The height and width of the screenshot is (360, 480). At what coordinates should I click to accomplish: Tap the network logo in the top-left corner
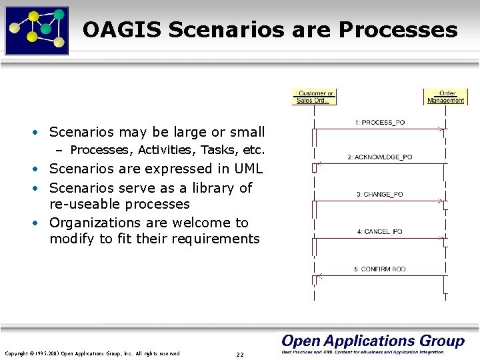37,29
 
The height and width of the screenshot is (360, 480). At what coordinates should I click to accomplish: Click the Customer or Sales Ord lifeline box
315,97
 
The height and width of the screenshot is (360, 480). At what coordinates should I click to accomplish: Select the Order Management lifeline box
445,97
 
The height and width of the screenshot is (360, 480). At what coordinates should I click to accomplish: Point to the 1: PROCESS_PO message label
380,123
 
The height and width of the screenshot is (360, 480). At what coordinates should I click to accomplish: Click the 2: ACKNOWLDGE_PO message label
380,157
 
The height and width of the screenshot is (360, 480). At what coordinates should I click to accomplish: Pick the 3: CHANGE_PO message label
380,195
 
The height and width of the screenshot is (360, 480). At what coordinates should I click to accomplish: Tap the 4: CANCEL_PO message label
380,232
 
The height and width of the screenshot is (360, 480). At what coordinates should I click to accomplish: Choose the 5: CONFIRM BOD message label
380,269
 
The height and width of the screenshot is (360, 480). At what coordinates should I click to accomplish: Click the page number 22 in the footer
240,354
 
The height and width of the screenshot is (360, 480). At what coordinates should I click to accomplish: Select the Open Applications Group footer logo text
373,341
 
